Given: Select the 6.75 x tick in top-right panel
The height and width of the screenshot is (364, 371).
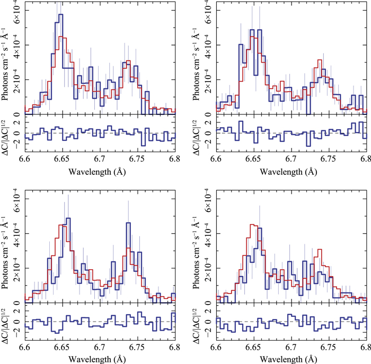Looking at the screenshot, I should tap(329, 158).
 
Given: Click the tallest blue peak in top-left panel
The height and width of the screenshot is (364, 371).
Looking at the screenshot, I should tap(61, 15).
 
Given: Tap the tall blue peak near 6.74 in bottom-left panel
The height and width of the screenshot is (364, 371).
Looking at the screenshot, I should tap(128, 223).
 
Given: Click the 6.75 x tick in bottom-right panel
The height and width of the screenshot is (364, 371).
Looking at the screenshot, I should tap(329, 347).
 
